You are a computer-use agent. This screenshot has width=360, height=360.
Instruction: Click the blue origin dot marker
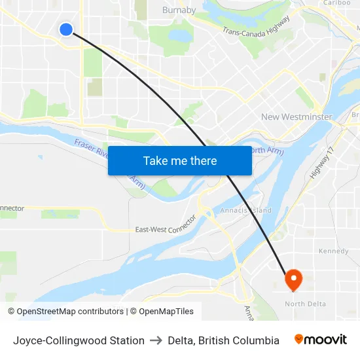(66, 29)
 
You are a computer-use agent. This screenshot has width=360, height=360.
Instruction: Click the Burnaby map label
(179, 10)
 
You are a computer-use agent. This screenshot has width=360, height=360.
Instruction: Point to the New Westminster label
(297, 117)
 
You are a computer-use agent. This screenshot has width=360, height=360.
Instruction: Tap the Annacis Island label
(246, 210)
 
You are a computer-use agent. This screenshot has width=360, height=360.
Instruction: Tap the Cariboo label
(337, 3)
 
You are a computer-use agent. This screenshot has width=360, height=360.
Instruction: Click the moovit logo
(321, 340)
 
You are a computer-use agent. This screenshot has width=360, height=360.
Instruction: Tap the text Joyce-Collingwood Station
(79, 340)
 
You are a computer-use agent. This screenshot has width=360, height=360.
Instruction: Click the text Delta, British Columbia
(223, 340)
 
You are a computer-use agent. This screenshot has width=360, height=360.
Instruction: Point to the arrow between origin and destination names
(156, 340)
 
